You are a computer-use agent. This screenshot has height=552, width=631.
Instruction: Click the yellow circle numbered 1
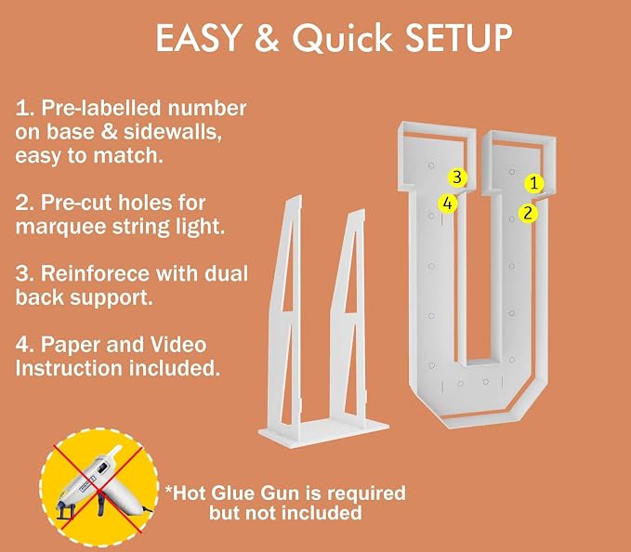click(x=534, y=183)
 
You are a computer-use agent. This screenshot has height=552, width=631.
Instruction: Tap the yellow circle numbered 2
click(x=528, y=213)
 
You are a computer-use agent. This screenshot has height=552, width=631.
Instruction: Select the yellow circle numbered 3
click(x=457, y=177)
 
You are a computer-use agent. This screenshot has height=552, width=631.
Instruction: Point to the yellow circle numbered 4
click(x=448, y=204)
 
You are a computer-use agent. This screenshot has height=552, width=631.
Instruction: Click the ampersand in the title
click(x=267, y=37)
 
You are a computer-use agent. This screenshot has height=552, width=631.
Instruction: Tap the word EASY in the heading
click(x=198, y=38)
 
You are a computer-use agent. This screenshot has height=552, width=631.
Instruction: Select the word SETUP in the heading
click(x=458, y=38)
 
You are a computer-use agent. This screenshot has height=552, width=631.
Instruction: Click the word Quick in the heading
click(x=342, y=38)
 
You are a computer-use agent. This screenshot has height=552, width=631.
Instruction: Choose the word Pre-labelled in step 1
click(x=102, y=109)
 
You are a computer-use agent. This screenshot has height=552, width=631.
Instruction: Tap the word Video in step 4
click(x=178, y=345)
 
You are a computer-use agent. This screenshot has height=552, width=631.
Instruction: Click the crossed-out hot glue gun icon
click(x=99, y=487)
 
